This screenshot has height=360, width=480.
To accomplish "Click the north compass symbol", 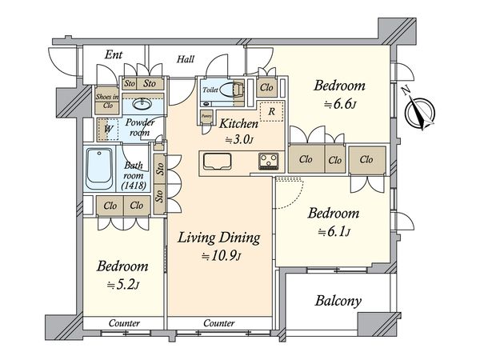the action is (418, 110).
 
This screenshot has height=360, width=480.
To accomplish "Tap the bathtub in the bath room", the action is (99, 168).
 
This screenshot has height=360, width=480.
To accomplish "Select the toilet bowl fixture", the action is (232, 90).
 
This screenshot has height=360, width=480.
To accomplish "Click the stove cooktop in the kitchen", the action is (269, 161).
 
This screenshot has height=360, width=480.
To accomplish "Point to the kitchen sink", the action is (218, 161).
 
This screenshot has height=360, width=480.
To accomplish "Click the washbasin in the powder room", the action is (142, 104).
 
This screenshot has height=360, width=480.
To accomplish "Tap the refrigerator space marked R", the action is (271, 111).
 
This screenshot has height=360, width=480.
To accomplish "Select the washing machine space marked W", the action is (108, 129).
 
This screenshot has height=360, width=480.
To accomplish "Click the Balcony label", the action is (338, 301).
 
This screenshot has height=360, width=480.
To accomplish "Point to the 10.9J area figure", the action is (222, 256).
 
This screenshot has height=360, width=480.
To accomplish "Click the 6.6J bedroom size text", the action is (340, 104).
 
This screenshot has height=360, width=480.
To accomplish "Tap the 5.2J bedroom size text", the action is (122, 285).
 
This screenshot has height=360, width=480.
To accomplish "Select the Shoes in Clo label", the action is (107, 101).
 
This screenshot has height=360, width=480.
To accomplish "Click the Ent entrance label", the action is (114, 54).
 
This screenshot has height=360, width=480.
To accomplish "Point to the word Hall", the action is (186, 59).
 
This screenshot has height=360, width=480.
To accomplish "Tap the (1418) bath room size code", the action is (134, 186).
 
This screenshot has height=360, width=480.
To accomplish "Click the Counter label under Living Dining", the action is (219, 323).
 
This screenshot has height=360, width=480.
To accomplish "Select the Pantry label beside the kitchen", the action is (206, 116).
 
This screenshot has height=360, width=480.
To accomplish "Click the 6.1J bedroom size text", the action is (334, 232).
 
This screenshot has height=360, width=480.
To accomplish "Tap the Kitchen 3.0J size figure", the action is (239, 139).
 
